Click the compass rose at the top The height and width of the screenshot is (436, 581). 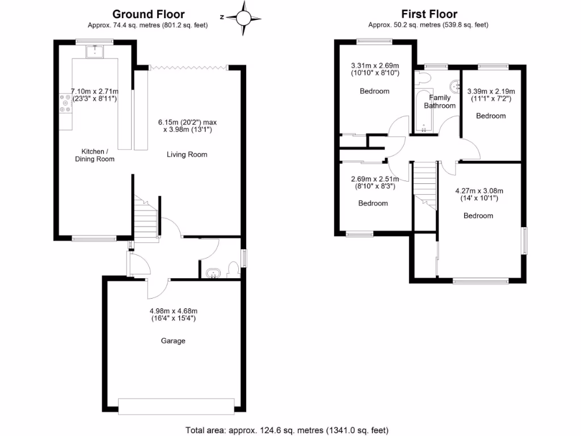(243, 17)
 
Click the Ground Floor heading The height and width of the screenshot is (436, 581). (148, 14)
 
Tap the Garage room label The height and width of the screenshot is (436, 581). (173, 341)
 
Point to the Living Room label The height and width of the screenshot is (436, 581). (187, 154)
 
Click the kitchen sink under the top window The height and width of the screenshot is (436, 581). (94, 52)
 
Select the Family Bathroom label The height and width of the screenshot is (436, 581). (440, 102)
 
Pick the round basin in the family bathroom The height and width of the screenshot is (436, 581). (455, 87)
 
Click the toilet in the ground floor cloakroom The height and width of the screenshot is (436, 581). (233, 270)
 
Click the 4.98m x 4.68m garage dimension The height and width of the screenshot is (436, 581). (173, 315)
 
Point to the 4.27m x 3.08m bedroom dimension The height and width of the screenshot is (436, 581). (479, 195)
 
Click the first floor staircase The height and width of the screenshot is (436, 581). (424, 185)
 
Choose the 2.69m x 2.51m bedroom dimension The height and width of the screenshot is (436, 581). (373, 182)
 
